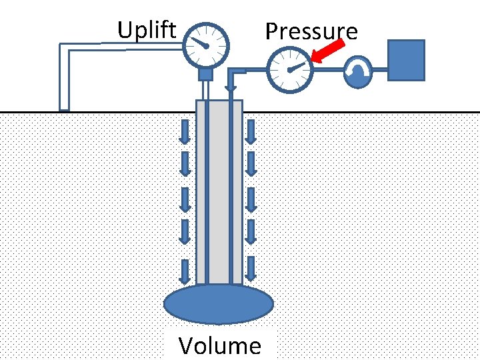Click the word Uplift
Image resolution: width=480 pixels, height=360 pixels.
tap(147, 30)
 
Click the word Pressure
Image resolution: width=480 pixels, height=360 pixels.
tap(311, 31)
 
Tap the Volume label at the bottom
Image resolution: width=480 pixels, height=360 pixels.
tap(219, 345)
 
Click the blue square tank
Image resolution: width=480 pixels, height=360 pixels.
tap(406, 60)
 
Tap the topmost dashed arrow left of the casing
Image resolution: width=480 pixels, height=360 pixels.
tap(187, 131)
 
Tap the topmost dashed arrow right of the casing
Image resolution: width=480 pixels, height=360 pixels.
tap(251, 131)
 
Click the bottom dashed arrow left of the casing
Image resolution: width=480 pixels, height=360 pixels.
tap(187, 268)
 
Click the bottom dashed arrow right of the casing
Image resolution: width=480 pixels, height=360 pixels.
tap(251, 268)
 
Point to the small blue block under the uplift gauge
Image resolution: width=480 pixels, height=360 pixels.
tap(205, 74)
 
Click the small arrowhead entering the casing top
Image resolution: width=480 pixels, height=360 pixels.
tap(231, 87)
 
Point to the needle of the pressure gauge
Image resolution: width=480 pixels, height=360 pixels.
tap(297, 66)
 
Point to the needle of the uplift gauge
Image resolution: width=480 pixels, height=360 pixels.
tap(199, 43)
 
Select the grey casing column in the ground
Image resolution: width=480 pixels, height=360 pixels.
tap(219, 193)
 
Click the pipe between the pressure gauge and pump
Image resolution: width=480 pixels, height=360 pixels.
tap(328, 70)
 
